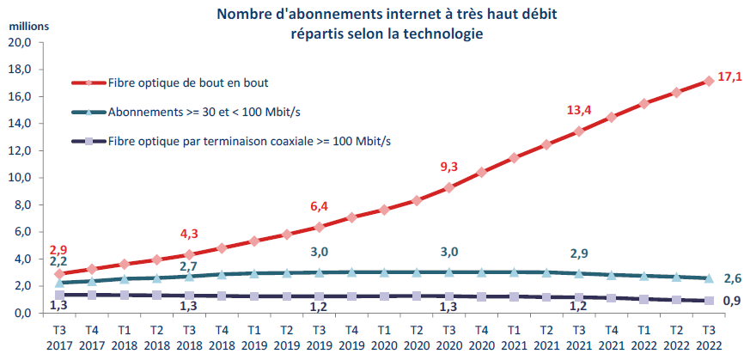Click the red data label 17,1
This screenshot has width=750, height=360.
(729, 76)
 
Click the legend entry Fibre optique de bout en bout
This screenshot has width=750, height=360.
(189, 83)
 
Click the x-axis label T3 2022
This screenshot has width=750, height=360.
(709, 337)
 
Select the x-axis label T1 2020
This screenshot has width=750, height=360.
(383, 337)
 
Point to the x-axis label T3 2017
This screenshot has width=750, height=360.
(58, 337)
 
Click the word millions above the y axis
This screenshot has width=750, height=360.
(29, 24)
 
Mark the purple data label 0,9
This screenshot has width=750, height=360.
(730, 301)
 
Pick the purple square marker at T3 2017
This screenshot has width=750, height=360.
(58, 295)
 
